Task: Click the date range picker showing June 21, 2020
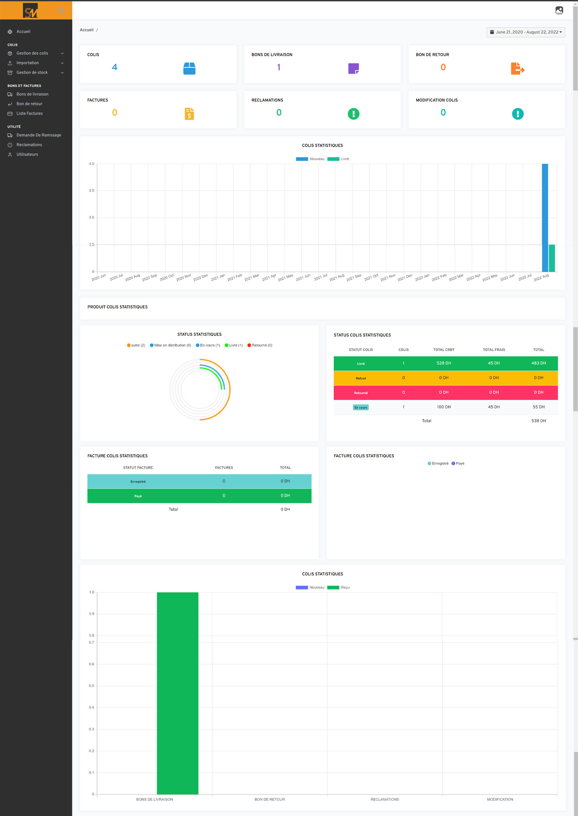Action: click(526, 32)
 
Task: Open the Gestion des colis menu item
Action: click(32, 53)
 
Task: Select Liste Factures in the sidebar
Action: click(29, 113)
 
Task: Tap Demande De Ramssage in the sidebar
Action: click(39, 135)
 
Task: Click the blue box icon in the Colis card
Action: click(189, 68)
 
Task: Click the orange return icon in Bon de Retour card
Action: click(517, 68)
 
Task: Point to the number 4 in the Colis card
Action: click(115, 67)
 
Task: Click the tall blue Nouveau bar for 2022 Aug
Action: click(545, 217)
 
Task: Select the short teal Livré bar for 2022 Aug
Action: click(552, 258)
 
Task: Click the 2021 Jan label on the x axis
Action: click(218, 277)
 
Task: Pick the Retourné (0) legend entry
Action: click(260, 345)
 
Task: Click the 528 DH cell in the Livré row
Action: click(444, 363)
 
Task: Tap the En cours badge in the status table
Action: click(361, 407)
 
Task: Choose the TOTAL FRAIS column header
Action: click(494, 350)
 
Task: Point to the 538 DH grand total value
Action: click(538, 421)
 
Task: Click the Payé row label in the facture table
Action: click(138, 496)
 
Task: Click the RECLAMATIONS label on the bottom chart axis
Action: click(385, 799)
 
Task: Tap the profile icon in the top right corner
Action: click(559, 10)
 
